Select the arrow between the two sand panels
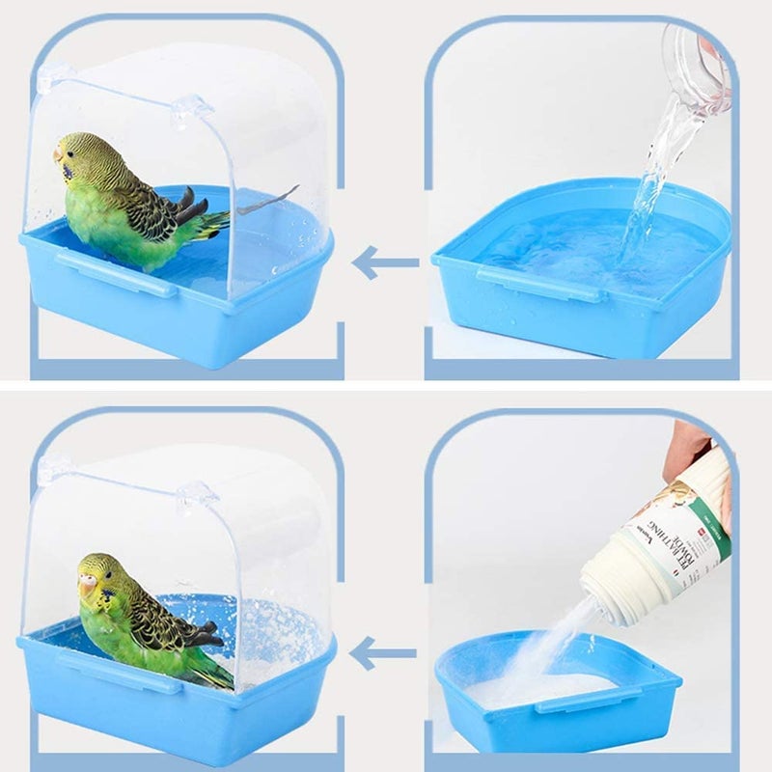(382, 653)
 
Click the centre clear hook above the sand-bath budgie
(194, 498)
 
